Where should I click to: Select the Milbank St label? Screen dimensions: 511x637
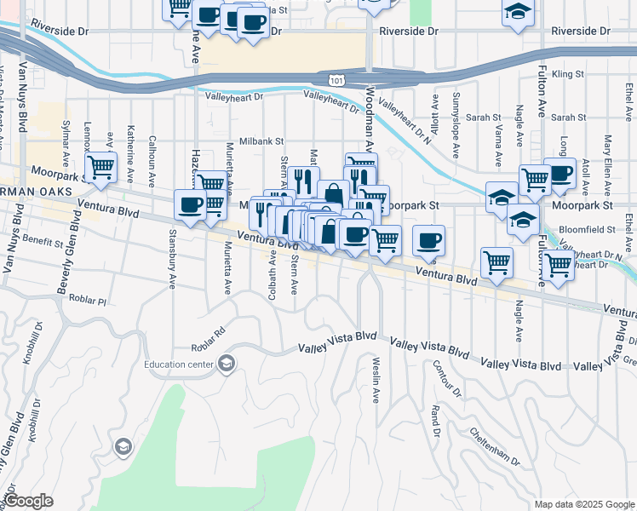[261, 141]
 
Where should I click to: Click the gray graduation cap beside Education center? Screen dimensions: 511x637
[226, 365]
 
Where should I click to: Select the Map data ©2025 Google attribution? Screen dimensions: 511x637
[583, 504]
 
